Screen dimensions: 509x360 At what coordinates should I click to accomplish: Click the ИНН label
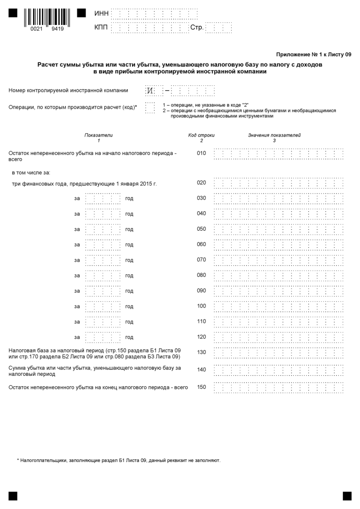[101, 14]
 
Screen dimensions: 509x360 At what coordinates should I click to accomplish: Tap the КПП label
[101, 28]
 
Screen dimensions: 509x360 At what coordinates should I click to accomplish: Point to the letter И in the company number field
[150, 91]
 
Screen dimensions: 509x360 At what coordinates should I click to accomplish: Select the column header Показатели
[98, 135]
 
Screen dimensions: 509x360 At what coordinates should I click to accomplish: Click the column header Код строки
[201, 135]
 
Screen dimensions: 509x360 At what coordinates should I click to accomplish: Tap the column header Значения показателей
[274, 135]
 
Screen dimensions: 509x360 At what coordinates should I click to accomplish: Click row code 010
[201, 153]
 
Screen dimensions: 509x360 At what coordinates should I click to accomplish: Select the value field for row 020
[278, 183]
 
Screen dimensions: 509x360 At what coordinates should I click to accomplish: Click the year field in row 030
[103, 199]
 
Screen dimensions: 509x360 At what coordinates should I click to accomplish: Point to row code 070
[201, 260]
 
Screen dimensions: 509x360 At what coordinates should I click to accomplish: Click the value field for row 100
[278, 306]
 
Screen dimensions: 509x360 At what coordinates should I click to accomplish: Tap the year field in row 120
[103, 337]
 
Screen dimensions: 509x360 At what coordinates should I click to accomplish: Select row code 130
[201, 353]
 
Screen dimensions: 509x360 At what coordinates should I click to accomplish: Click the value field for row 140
[278, 370]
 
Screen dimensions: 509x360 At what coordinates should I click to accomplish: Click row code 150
[201, 387]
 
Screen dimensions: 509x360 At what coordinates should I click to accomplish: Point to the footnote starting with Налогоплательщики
[119, 461]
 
